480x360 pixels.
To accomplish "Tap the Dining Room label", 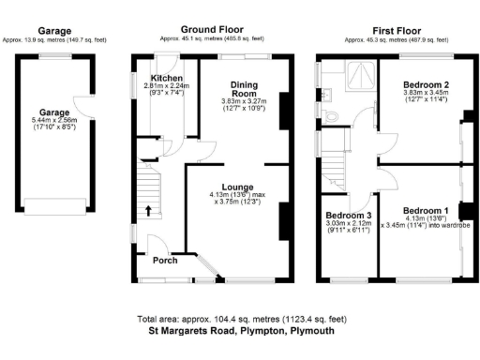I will [244, 89].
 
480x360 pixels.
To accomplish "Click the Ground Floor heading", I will [211, 30].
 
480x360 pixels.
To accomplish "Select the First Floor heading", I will [396, 30].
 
